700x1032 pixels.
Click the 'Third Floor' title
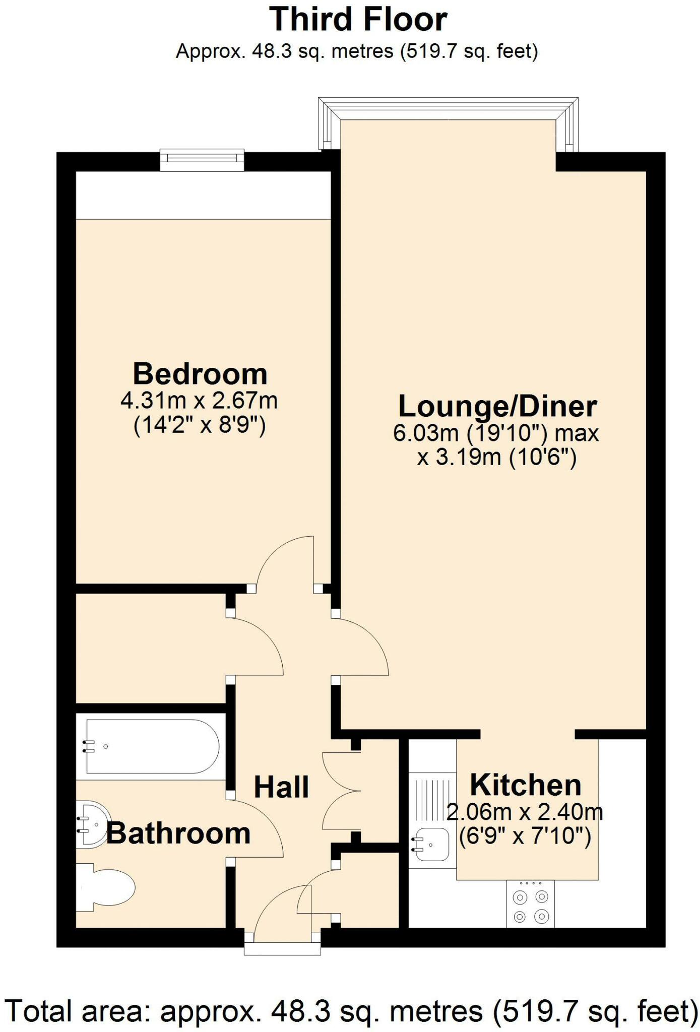point(358,20)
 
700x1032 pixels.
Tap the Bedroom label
point(200,374)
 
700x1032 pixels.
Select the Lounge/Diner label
point(497,406)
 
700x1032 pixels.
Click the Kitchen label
point(525,785)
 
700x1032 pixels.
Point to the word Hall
point(281,787)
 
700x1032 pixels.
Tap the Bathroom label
point(178,833)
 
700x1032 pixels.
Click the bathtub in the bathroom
point(152,747)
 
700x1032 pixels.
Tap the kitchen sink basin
point(432,845)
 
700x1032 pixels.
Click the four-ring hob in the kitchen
point(530,906)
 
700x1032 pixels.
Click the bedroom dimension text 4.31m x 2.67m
point(200,401)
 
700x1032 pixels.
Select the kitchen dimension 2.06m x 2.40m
point(524,812)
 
